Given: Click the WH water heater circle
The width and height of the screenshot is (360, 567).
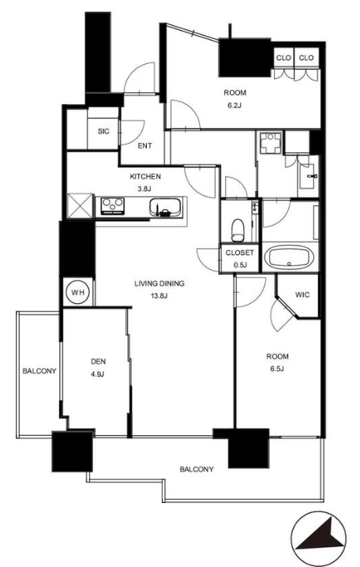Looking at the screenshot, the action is coord(78,292).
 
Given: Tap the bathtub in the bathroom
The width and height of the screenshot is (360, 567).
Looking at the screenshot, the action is coord(289,257).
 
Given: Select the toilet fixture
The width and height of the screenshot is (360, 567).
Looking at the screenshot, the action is coord(238,230).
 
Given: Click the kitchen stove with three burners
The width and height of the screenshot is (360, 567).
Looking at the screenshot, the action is coord(113,206).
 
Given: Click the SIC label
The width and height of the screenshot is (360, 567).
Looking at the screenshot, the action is coord(103,131).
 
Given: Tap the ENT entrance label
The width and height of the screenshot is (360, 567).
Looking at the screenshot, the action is coord(144,146).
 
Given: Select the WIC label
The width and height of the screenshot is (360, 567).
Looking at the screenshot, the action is coord(302,295).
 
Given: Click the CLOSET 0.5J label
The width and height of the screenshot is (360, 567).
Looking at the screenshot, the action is coord(240,258).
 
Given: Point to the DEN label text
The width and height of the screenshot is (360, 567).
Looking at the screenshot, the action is coord(98,361).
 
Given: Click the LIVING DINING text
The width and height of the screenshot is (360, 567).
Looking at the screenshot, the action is coord(159,283).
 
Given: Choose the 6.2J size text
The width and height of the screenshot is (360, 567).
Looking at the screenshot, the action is coord(234,106).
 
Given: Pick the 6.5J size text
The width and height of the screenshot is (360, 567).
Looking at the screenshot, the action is coord(277,369).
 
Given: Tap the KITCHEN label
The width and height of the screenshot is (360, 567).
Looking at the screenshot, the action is coord(145,177).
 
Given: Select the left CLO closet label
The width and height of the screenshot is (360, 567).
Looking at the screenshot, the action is coord(283,58).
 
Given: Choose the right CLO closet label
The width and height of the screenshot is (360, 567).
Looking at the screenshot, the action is coord(306,58).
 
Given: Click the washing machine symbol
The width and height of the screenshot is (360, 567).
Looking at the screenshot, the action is coord(271,143).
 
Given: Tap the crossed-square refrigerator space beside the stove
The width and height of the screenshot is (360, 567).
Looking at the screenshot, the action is coord(81,206).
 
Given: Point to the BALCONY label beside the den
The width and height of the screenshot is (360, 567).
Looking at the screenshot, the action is coord(39,371).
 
